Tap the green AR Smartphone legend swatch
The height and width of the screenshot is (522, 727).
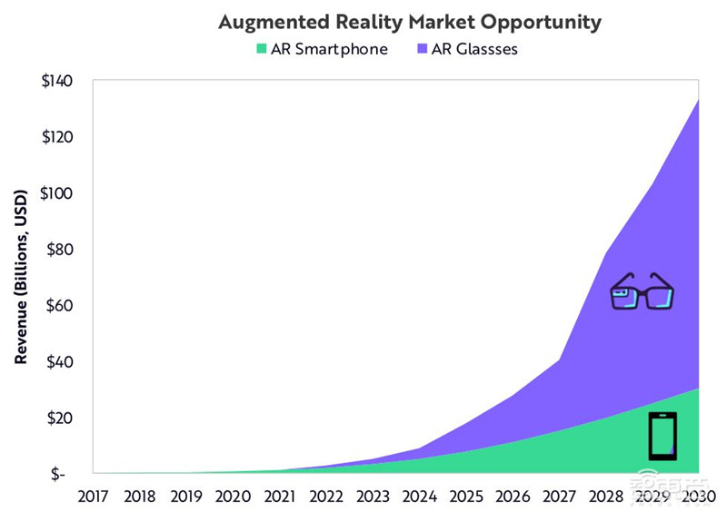point(264,49)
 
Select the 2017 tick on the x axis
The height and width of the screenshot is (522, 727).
point(93,497)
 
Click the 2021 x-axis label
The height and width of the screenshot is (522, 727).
point(278,497)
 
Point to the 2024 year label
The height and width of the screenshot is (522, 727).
point(418,497)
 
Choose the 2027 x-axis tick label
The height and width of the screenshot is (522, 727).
point(557,497)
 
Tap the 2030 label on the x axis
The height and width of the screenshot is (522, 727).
point(697,497)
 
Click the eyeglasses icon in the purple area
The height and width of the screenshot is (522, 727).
point(642,291)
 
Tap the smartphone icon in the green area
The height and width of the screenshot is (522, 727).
point(662,436)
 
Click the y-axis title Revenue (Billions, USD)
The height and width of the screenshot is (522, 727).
point(21,277)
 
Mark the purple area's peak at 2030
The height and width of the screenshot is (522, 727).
point(697,100)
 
